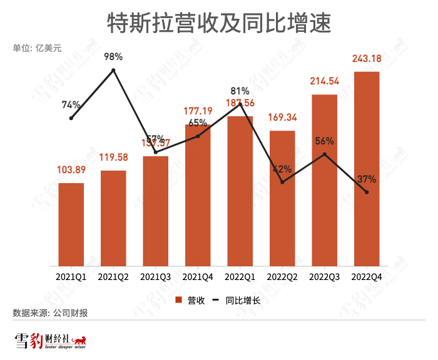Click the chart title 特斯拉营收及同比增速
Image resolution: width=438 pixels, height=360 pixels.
[x=219, y=23]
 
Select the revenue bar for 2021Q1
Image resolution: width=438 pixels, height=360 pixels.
[x=71, y=225]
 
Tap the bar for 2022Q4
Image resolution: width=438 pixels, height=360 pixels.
[x=367, y=169]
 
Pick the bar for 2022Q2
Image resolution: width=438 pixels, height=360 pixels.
[x=282, y=199]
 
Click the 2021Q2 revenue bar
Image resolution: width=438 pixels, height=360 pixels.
[x=113, y=219]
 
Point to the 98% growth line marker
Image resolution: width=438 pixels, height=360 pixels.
[x=113, y=70]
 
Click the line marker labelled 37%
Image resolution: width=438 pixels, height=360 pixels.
[x=367, y=192]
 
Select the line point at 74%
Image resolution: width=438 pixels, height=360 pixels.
[x=71, y=118]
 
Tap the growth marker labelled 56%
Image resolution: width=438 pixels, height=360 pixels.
[x=324, y=154]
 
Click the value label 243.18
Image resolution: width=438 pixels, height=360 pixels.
[x=367, y=59]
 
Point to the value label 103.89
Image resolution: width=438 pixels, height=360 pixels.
[x=71, y=170]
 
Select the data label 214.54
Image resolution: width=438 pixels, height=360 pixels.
[x=324, y=81]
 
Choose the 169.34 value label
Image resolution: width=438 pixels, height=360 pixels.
[x=282, y=117]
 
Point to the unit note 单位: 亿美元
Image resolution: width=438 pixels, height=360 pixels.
[x=38, y=47]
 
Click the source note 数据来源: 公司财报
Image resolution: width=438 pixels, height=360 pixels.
[x=50, y=313]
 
